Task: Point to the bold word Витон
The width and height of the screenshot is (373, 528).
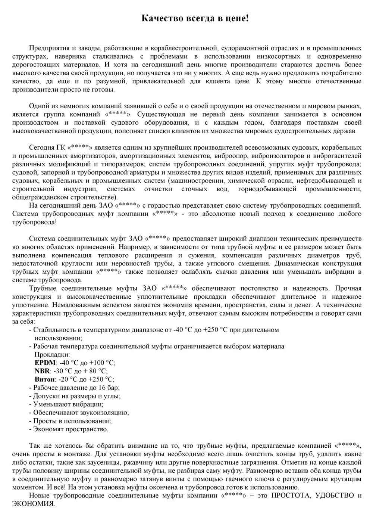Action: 44,379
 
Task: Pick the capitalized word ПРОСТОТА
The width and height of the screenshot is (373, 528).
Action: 291,496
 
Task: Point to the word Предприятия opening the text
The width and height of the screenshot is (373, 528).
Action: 49,48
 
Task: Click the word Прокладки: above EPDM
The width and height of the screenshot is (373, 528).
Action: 52,354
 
